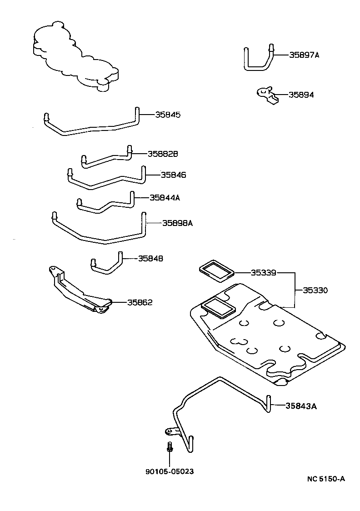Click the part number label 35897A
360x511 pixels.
(x=304, y=55)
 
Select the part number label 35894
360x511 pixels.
(x=300, y=95)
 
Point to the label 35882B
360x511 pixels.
(x=162, y=154)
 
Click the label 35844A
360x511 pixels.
(x=165, y=198)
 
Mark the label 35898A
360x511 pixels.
(x=178, y=223)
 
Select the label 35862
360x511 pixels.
(x=140, y=302)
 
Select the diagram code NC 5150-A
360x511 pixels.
(x=325, y=478)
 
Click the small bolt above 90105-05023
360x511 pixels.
(x=169, y=448)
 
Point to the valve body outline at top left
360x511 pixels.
(x=75, y=55)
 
